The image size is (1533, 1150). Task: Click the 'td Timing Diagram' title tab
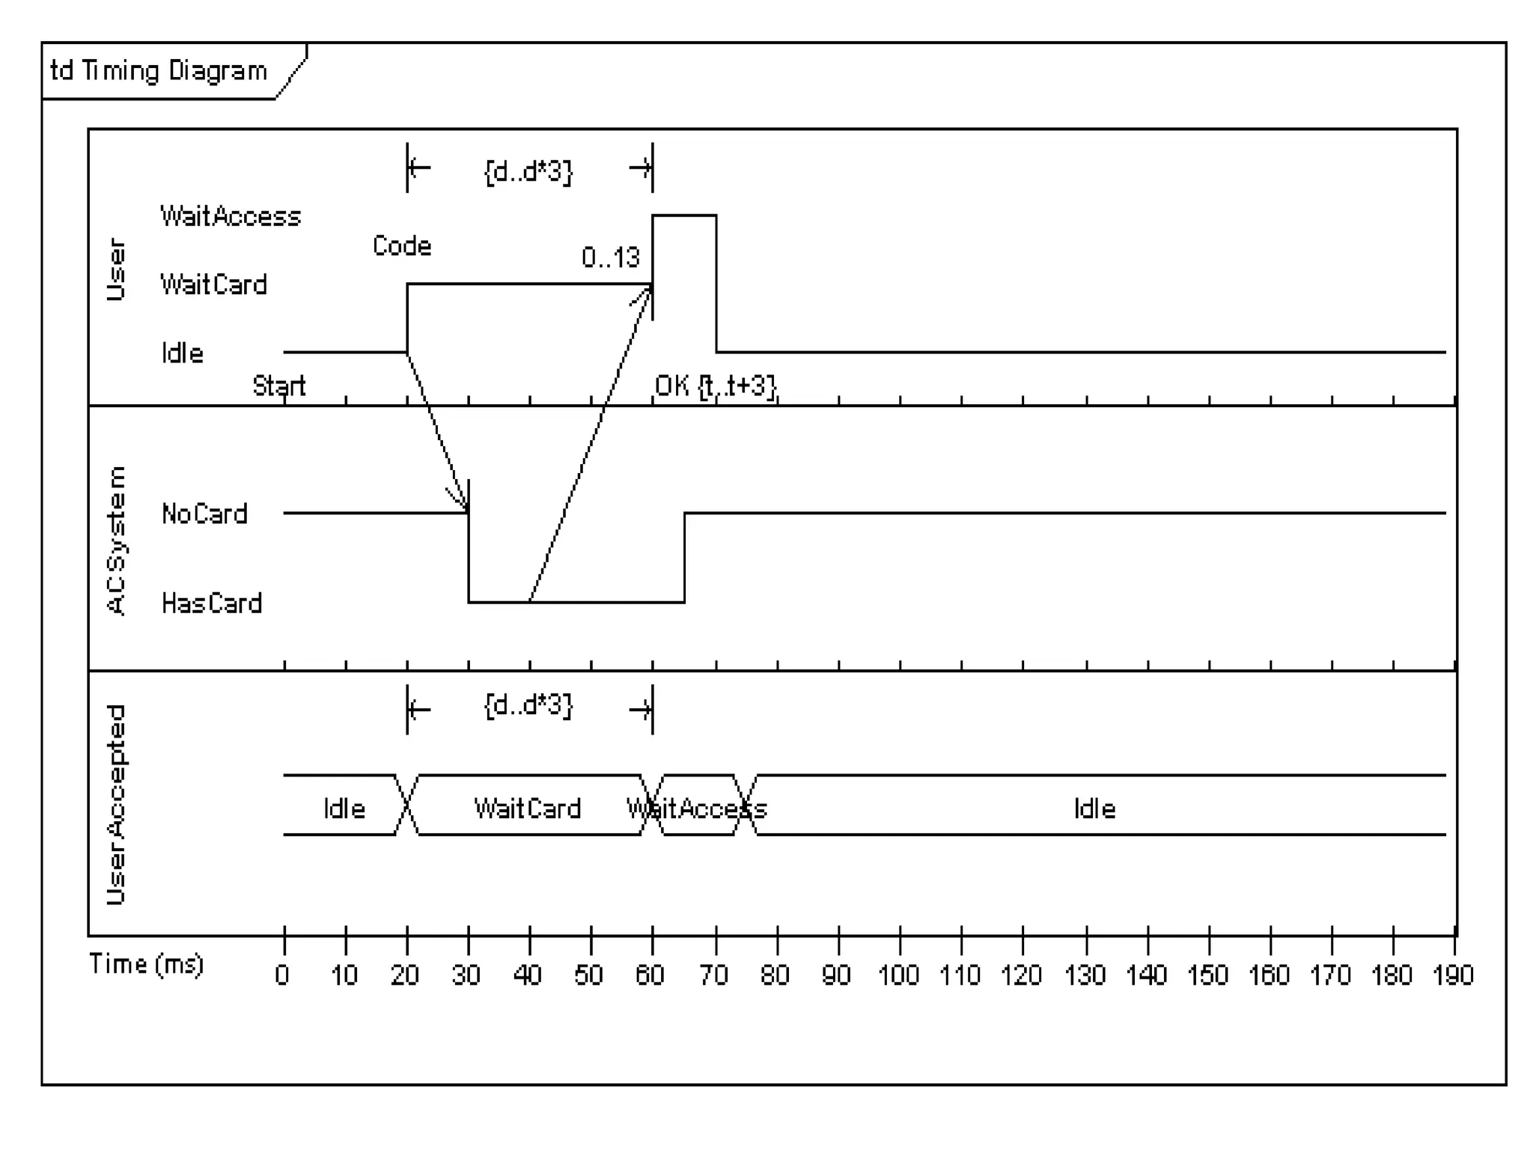pyautogui.click(x=159, y=71)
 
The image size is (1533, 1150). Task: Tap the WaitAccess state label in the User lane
pyautogui.click(x=231, y=216)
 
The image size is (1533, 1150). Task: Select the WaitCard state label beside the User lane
pyautogui.click(x=213, y=285)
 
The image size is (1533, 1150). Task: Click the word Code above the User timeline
pyautogui.click(x=402, y=246)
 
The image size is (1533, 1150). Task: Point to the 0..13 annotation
pyautogui.click(x=610, y=258)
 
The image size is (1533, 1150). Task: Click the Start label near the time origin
pyautogui.click(x=278, y=386)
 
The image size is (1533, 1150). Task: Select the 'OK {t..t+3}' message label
pyautogui.click(x=716, y=386)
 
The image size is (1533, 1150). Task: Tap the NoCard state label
pyautogui.click(x=204, y=514)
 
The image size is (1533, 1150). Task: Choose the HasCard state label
pyautogui.click(x=212, y=603)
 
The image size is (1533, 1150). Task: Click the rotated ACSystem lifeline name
pyautogui.click(x=117, y=541)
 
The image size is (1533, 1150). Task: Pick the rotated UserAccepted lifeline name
pyautogui.click(x=117, y=805)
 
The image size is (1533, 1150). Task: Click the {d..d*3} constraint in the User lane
pyautogui.click(x=528, y=171)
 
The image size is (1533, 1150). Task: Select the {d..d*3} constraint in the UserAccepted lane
pyautogui.click(x=528, y=705)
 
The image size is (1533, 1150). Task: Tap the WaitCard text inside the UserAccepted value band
pyautogui.click(x=528, y=809)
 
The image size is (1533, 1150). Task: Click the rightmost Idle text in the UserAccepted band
pyautogui.click(x=1094, y=809)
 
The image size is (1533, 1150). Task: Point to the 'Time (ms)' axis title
pyautogui.click(x=146, y=964)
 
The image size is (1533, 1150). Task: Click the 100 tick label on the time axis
pyautogui.click(x=898, y=975)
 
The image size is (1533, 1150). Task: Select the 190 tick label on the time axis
pyautogui.click(x=1453, y=975)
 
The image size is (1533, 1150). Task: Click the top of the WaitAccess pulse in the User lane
pyautogui.click(x=684, y=216)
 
